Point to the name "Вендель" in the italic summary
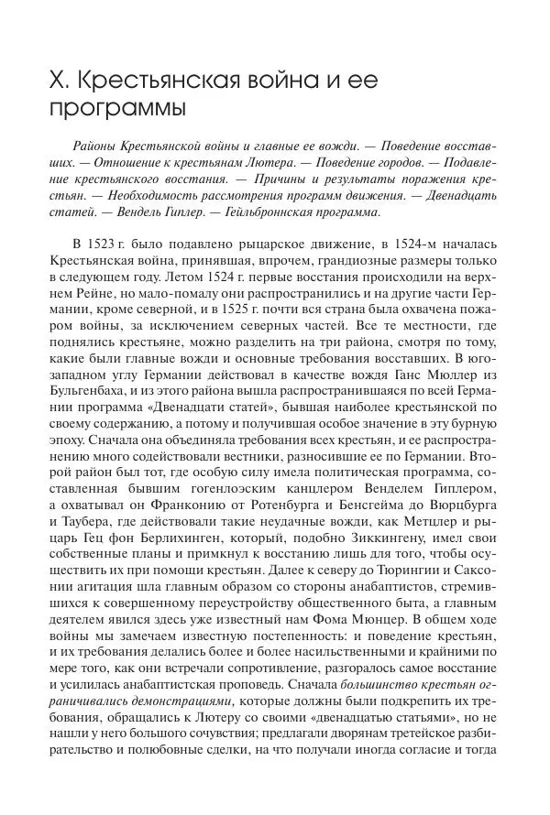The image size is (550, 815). tap(124, 212)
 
